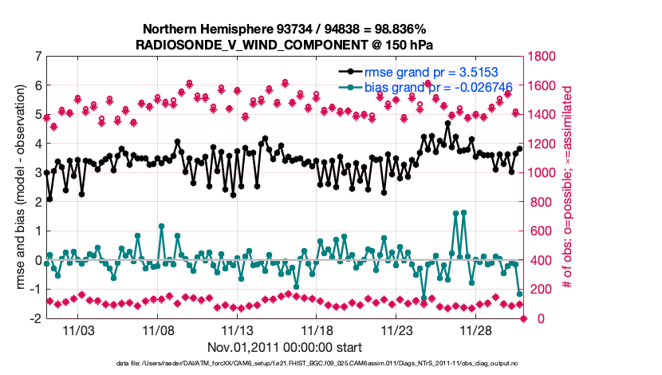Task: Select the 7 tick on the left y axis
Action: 37,56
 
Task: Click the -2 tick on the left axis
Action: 36,318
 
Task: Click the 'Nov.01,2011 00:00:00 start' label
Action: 285,347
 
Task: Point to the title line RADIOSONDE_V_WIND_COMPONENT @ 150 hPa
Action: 285,45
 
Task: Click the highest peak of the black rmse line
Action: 448,123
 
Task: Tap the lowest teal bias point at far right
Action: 520,294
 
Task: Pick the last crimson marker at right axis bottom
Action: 524,318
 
